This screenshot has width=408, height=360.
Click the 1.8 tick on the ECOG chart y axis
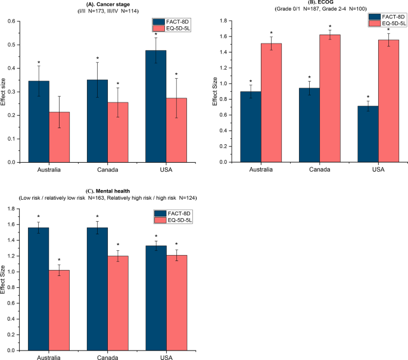[x=223, y=21]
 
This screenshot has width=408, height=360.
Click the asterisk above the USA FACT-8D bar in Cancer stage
[x=155, y=35]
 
